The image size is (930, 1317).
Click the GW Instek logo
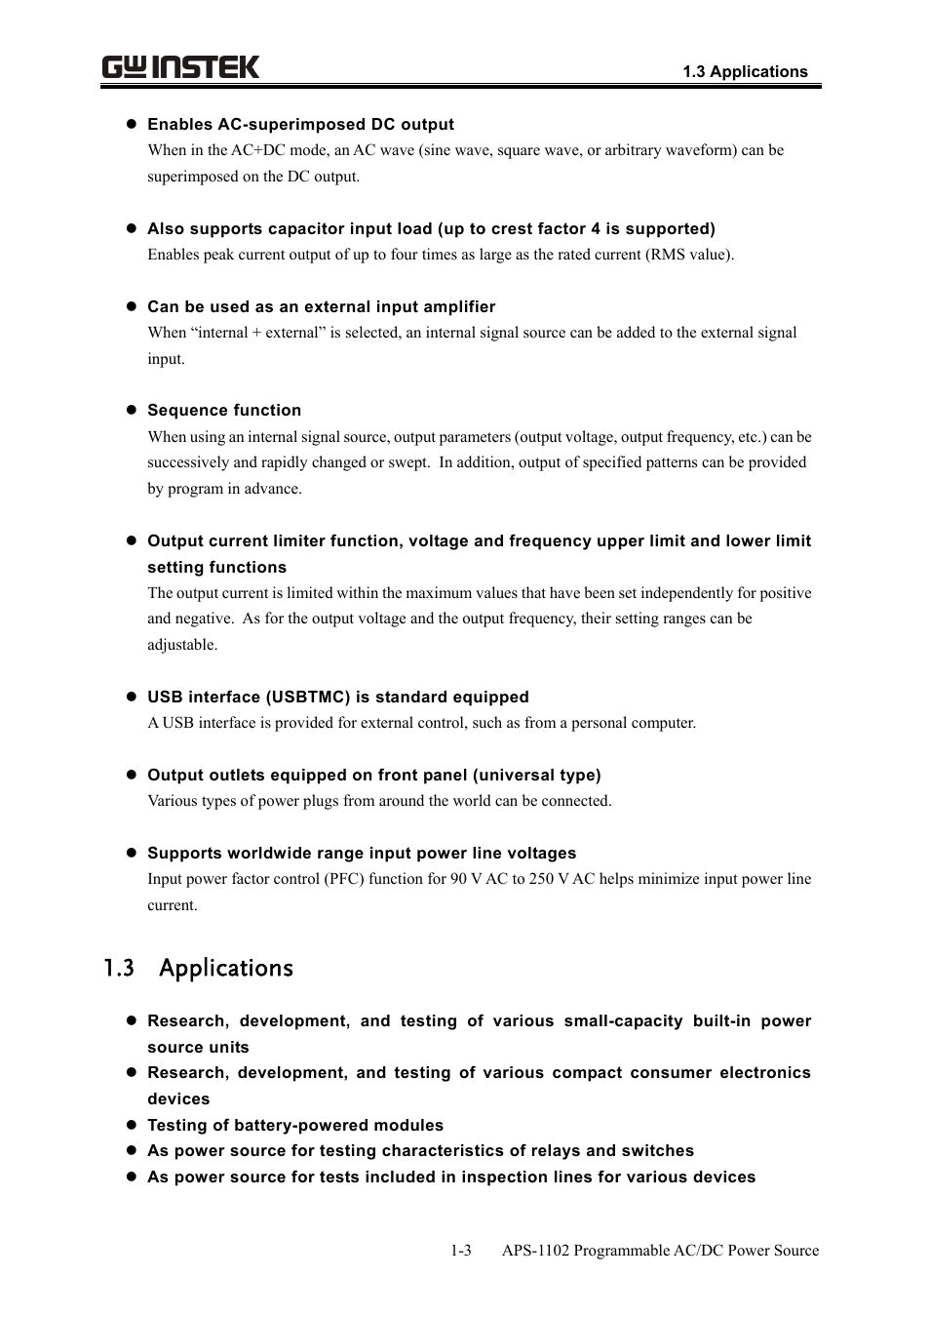180,67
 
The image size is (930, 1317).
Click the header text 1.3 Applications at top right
745,71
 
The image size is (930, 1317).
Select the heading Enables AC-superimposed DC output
300,124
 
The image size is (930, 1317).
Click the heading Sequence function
224,410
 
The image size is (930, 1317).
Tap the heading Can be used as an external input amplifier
321,306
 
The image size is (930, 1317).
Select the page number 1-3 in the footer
461,1251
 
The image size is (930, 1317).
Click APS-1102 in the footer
535,1251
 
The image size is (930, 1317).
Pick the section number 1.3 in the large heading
118,968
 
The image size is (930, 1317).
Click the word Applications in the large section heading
226,968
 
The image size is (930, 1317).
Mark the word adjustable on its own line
181,645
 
